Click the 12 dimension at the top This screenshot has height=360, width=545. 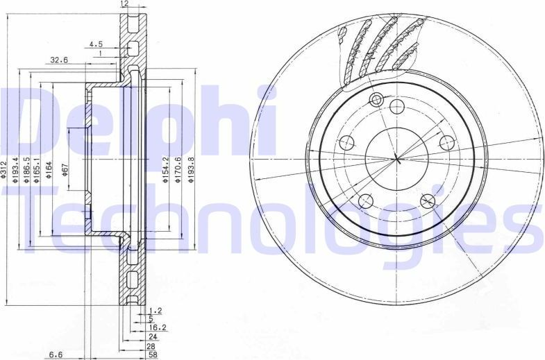click(125, 4)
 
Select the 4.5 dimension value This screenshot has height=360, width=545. click(94, 44)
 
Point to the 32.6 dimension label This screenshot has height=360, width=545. click(59, 60)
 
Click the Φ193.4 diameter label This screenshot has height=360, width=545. click(17, 171)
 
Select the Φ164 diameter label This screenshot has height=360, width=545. click(50, 171)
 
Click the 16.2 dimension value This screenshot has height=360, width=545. click(157, 327)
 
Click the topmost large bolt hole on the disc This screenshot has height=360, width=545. click(397, 106)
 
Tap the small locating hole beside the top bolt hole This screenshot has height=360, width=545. click(377, 99)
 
